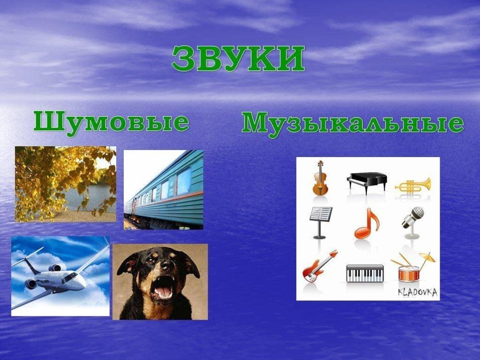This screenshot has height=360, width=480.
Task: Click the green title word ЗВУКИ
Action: [238, 59]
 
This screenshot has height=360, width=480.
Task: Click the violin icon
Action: [320, 178]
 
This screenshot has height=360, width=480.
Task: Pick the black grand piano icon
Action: [367, 183]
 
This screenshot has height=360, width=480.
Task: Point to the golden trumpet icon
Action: [413, 185]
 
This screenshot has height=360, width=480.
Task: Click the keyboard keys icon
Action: [365, 273]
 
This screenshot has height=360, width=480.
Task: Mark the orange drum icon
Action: [409, 273]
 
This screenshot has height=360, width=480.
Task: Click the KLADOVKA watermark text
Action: [418, 292]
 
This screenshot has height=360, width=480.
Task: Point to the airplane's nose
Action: [82, 285]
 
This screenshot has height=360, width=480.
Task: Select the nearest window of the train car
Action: [184, 181]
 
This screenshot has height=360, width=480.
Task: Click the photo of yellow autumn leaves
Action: [66, 184]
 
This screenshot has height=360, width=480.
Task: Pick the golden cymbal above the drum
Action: [427, 257]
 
